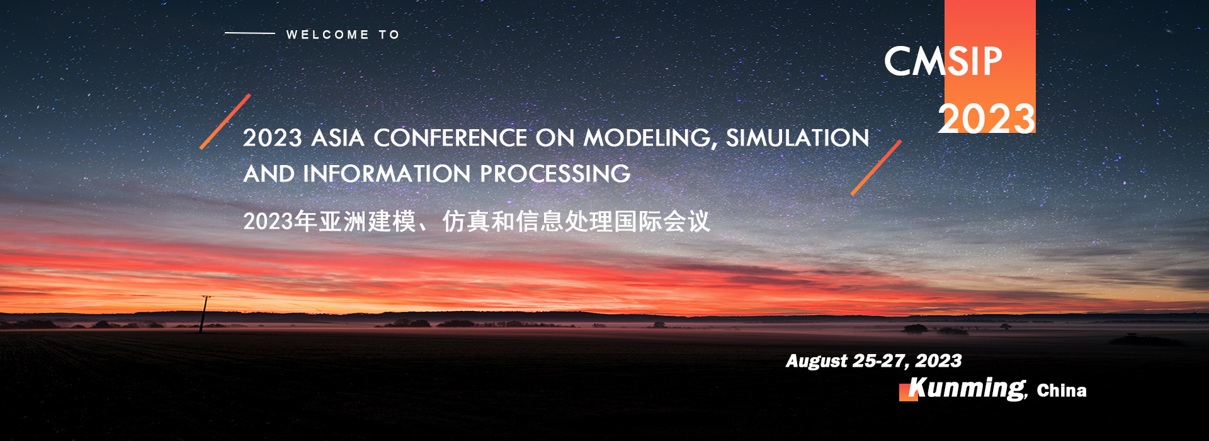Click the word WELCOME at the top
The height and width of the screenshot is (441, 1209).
327,35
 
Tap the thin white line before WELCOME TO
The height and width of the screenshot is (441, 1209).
250,33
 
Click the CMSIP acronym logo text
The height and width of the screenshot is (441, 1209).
943,61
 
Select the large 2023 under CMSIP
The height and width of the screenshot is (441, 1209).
986,118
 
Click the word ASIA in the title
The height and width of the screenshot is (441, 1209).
338,138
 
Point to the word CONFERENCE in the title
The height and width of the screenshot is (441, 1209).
450,138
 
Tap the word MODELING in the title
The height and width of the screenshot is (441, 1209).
650,139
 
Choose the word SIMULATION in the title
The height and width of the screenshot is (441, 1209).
797,138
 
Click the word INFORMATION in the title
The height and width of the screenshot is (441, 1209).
387,174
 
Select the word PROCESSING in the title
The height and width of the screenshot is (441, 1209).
555,174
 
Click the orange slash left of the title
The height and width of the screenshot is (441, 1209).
225,122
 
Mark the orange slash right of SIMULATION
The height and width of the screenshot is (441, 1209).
876,168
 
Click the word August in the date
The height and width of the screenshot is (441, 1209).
817,361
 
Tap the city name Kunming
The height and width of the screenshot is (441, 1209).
967,388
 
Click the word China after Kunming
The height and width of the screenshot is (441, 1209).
1062,391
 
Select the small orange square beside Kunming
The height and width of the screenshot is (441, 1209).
909,392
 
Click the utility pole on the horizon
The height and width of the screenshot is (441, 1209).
203,314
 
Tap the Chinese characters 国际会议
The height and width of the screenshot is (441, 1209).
662,222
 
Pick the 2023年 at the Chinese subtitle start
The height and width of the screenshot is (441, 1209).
280,222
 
